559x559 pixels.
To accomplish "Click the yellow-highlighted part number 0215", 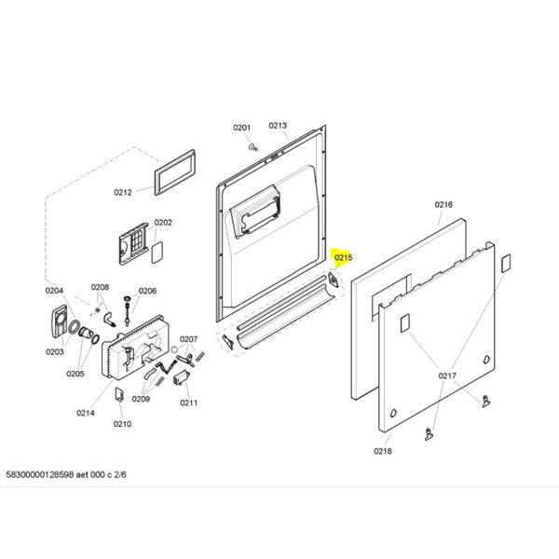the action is pos(343,257).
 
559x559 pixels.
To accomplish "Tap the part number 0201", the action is pos(241,128).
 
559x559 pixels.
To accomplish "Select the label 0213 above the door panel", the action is pos(278,126).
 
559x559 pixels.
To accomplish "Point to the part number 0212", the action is pos(123,192).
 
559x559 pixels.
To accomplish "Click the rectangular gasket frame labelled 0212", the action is pos(175,172).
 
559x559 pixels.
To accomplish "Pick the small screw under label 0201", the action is pos(253,147).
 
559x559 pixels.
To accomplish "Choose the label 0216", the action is pos(443,204).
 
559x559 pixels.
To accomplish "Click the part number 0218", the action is pos(383,451).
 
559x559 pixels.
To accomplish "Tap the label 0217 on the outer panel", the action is pos(447,375).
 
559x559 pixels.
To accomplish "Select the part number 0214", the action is pos(86,413).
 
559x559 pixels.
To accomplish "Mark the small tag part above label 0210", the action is pos(119,395).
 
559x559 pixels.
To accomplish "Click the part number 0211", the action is pos(188,402).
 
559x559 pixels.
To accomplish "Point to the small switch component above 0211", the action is pos(181,377).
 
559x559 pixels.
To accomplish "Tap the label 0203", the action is pos(55,352).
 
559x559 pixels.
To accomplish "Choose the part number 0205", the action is pos(75,374).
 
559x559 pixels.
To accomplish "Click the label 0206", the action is pos(147,291).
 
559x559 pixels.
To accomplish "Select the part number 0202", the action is pos(163,223).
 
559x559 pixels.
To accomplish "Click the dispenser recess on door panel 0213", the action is pos(255,210).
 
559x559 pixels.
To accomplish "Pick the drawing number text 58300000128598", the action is pos(40,474).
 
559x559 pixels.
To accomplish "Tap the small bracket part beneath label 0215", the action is pos(333,279).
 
